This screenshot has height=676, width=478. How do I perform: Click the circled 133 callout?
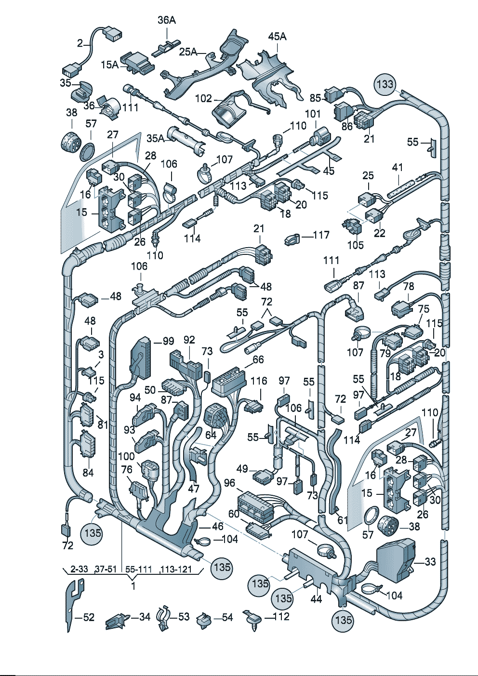(x=385, y=84)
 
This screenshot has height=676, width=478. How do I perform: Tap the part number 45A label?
(x=277, y=36)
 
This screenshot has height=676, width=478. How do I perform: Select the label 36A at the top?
(x=167, y=20)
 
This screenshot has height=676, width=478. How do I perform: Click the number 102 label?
(x=203, y=98)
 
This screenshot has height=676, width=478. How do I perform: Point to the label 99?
(x=168, y=341)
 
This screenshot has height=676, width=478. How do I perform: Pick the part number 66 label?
(x=258, y=359)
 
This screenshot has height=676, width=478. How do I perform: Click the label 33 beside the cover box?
(x=430, y=561)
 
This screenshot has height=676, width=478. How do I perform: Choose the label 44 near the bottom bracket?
(x=316, y=599)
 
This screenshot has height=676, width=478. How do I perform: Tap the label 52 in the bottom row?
(x=89, y=617)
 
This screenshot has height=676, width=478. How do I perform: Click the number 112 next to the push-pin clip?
(x=280, y=617)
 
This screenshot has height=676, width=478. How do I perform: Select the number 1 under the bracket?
(x=133, y=586)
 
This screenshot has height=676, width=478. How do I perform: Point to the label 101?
(x=313, y=114)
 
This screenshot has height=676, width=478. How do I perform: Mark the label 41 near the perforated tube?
(x=397, y=168)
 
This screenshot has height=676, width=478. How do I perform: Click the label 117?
(x=321, y=235)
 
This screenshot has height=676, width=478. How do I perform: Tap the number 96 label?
(x=229, y=482)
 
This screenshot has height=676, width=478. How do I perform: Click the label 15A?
(x=110, y=64)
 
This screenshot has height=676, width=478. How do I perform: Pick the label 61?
(x=343, y=519)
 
